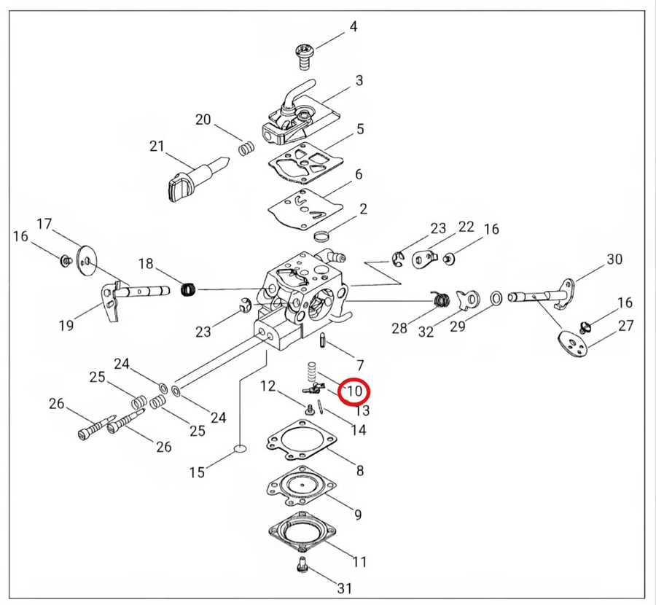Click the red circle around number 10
point(355,391)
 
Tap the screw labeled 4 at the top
point(302,53)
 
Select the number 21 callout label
point(157,146)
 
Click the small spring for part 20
point(247,148)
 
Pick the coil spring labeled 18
point(188,289)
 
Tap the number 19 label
point(66,325)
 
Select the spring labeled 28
point(440,298)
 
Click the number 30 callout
point(614,259)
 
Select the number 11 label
point(359,562)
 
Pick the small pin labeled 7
point(321,340)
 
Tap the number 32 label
point(426,332)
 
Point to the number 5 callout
point(359,129)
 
